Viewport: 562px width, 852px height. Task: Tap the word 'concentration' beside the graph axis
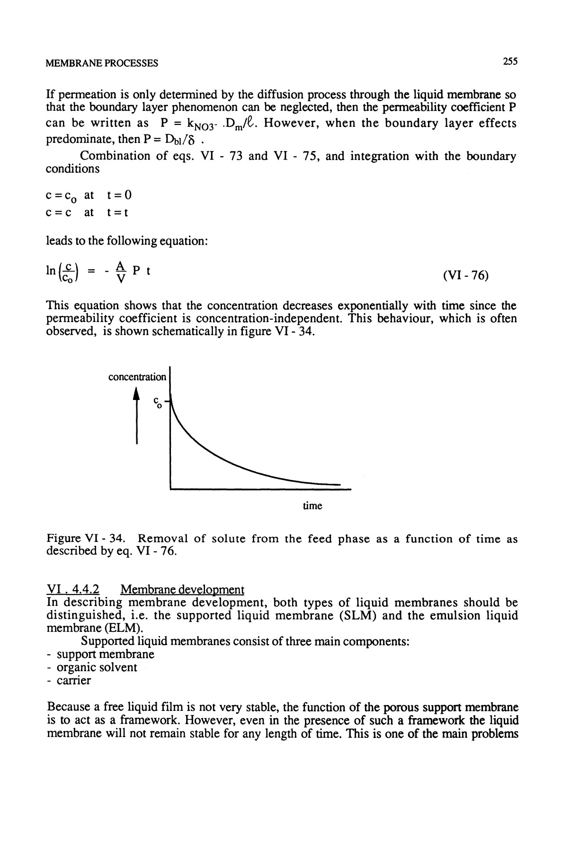[137, 377]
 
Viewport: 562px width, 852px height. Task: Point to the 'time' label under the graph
[312, 506]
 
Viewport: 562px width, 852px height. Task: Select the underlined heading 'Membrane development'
[182, 590]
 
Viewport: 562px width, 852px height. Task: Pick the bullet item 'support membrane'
[105, 655]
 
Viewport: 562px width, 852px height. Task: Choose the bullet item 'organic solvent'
[97, 668]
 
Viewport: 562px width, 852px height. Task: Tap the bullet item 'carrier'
[73, 681]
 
